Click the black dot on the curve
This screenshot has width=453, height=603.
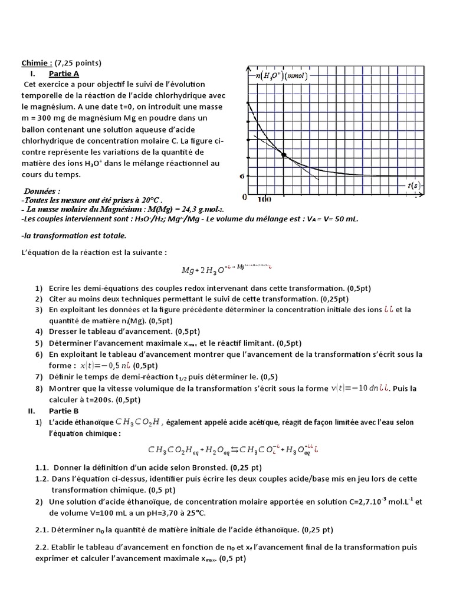(x=284, y=155)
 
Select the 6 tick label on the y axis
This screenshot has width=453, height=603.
(x=242, y=175)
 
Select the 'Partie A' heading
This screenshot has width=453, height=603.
(x=64, y=74)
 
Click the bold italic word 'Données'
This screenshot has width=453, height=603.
(x=42, y=191)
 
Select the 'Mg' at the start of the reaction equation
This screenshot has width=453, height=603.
(x=188, y=271)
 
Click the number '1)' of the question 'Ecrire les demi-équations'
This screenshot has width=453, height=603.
(x=38, y=288)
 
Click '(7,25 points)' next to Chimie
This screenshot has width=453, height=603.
(x=78, y=63)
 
